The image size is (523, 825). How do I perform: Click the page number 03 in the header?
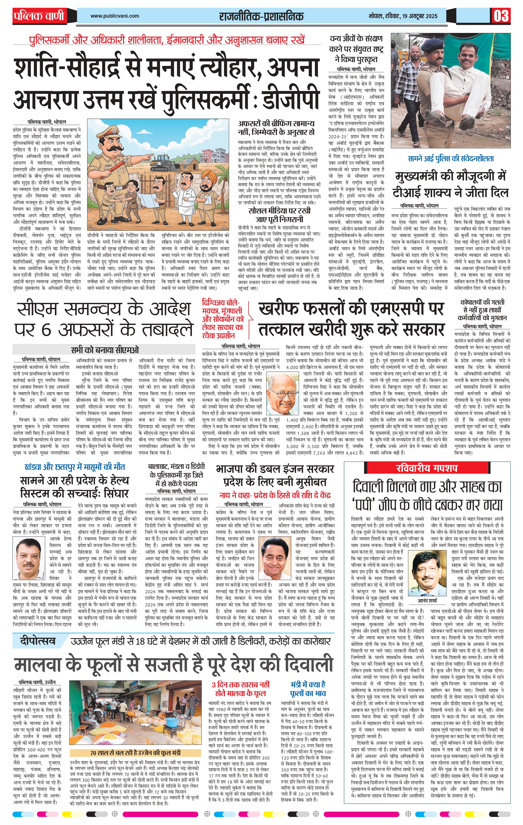coord(501,16)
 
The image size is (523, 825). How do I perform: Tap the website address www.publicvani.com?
coord(115,16)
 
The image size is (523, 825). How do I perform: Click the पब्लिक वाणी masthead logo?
coord(39,16)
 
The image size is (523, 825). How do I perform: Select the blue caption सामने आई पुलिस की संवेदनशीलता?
coord(451,159)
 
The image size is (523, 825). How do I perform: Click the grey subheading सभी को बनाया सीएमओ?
coord(105,350)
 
